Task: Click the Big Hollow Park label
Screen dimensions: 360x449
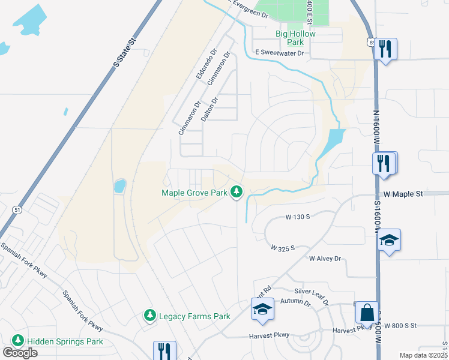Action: (295, 38)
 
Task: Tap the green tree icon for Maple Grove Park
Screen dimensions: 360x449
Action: (238, 192)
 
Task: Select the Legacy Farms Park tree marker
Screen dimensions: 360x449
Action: (150, 315)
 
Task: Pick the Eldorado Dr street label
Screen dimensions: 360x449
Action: (205, 67)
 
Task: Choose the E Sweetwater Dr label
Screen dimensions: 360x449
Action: (279, 53)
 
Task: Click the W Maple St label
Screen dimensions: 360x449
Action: (403, 194)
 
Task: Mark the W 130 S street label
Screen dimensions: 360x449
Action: (297, 216)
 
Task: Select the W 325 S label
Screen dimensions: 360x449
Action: (283, 247)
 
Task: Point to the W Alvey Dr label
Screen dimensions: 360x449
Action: (325, 259)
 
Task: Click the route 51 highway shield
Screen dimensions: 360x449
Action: (17, 209)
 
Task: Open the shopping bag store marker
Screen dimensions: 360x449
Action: (366, 313)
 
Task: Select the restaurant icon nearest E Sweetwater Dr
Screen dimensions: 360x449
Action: (385, 49)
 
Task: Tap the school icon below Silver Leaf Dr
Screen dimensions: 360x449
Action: (262, 310)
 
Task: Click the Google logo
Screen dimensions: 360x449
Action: (20, 352)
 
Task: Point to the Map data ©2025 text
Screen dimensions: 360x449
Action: (424, 355)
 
